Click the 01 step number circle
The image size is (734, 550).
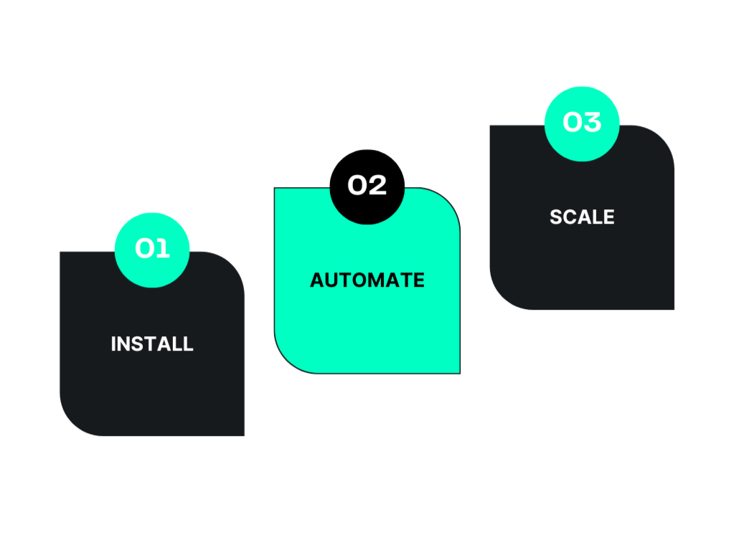152,249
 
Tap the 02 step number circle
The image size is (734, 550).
367,185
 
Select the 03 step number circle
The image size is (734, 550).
581,123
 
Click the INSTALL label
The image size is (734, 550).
152,344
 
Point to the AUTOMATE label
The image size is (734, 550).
367,280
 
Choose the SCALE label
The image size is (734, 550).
582,217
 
